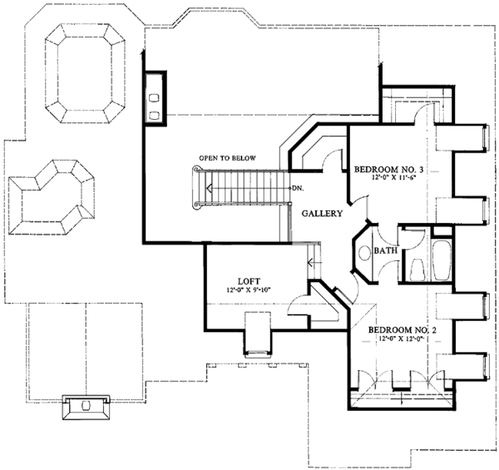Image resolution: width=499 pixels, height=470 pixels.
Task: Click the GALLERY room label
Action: [322, 213]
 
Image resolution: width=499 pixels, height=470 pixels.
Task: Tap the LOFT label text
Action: [249, 281]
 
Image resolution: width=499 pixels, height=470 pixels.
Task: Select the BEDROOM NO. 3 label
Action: [388, 170]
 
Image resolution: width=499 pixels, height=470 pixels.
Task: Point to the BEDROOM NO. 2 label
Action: [402, 330]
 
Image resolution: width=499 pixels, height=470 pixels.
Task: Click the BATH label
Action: [386, 250]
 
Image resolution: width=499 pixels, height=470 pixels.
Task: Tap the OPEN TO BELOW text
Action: [227, 158]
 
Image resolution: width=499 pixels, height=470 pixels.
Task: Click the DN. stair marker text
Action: [297, 188]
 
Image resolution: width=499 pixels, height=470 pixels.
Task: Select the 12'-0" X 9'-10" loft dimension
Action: [249, 289]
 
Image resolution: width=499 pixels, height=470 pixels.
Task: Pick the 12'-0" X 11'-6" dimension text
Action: [393, 178]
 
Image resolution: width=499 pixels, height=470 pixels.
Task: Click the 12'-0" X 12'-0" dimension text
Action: [403, 339]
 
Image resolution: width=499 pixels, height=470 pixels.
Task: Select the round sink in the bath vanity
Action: [363, 253]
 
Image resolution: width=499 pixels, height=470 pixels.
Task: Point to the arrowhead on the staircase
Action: [209, 188]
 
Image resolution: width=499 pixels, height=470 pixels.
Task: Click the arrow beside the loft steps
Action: [314, 263]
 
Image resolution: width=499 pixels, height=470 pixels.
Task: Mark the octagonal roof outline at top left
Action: [86, 73]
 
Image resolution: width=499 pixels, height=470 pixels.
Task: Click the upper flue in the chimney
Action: [154, 98]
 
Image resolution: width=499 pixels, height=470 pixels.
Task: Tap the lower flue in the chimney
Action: [154, 116]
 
